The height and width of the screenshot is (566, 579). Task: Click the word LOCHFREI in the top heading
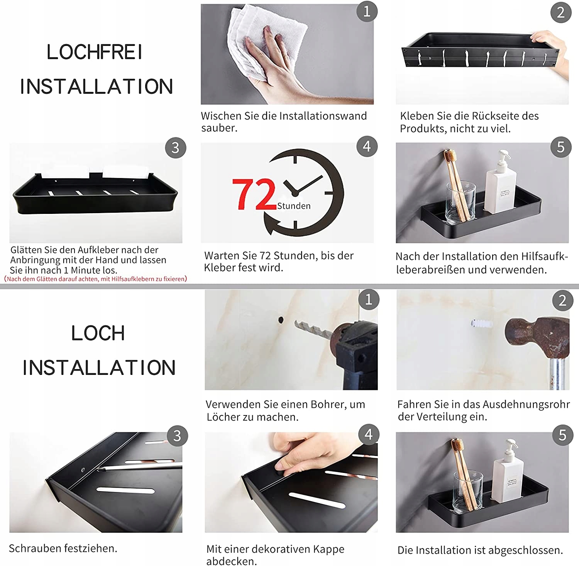tap(95, 52)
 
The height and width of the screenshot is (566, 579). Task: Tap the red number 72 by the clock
tap(254, 195)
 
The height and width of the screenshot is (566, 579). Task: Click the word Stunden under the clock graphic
tap(294, 206)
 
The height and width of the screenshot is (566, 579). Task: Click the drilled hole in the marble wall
tap(281, 320)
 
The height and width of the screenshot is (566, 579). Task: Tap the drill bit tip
tap(297, 323)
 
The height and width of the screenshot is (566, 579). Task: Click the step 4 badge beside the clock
tap(367, 146)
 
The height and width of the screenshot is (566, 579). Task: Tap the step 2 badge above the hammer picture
tap(562, 300)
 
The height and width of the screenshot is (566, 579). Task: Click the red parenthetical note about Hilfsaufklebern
tap(95, 279)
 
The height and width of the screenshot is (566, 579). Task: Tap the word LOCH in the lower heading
tap(98, 333)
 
